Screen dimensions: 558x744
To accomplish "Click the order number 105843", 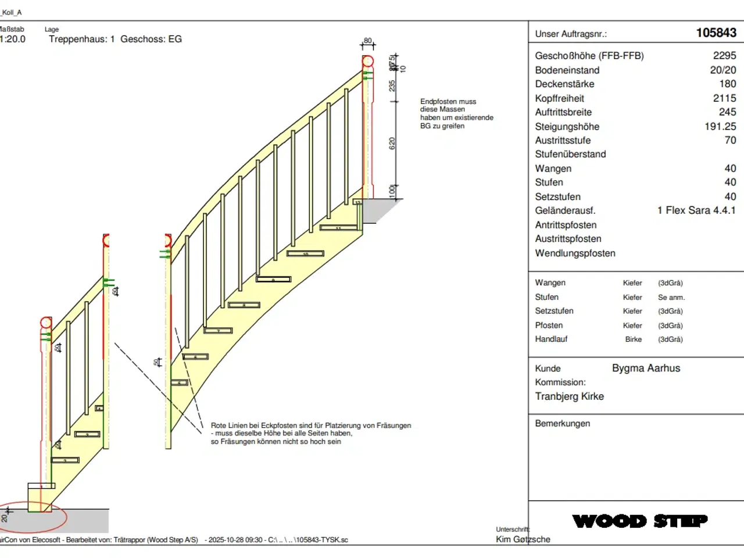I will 716,33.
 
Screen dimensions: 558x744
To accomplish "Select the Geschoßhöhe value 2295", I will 724,56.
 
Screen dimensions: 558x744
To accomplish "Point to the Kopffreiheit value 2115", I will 724,98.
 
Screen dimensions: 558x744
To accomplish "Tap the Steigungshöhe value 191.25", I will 720,127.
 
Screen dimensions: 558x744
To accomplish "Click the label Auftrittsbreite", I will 563,112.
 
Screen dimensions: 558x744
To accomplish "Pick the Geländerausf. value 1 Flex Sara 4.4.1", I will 696,210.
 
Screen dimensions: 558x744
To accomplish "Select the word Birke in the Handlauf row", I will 633,339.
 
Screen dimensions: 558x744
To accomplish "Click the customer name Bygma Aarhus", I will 646,368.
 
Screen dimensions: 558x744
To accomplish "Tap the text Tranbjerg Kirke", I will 569,396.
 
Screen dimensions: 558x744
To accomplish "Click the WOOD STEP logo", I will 640,521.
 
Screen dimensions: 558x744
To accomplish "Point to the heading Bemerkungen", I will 562,424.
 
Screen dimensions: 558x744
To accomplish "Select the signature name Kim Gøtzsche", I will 523,539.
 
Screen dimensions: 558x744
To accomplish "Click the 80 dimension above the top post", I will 367,41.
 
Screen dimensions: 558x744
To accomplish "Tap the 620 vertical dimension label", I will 392,143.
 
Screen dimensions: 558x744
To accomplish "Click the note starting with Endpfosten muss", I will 456,113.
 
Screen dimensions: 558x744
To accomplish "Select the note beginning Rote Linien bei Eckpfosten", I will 310,434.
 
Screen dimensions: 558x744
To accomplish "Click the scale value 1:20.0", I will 13,40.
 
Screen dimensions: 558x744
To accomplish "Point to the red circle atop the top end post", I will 368,61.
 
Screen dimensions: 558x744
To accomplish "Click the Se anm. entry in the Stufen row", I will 671,298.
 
